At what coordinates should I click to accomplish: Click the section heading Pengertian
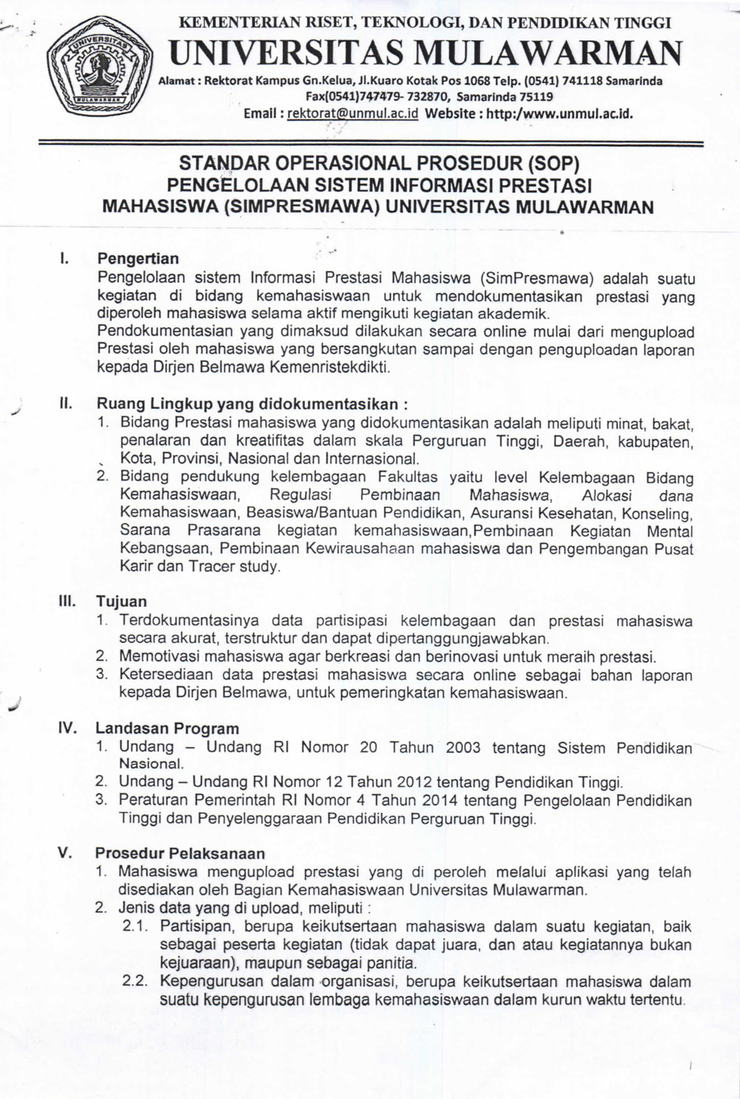tap(138, 259)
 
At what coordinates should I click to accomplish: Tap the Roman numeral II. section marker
tap(65, 404)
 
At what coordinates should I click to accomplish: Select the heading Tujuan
tap(121, 601)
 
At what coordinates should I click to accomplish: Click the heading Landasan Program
tap(168, 728)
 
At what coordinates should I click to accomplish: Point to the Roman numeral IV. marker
tap(67, 728)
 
